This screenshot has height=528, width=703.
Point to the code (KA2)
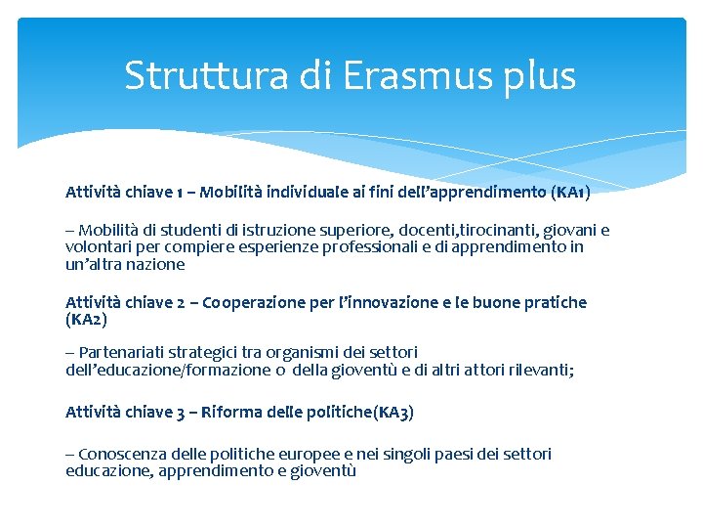coord(86,319)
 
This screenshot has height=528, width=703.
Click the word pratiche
coord(553,302)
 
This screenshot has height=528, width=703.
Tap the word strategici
coord(204,352)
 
